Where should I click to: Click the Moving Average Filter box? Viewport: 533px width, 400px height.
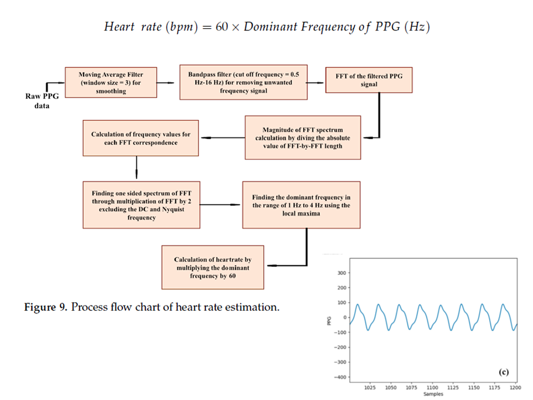coord(111,83)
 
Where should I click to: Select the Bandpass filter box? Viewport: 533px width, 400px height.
coord(243,83)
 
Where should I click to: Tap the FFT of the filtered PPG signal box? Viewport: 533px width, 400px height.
coord(368,80)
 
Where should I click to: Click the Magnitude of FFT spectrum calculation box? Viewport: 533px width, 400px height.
coord(303,138)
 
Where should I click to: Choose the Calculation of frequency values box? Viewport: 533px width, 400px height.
coord(141,138)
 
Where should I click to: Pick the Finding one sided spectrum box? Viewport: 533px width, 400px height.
coord(141,205)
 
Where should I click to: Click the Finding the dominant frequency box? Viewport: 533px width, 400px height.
coord(301,205)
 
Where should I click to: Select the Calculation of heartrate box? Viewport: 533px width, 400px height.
coord(212,267)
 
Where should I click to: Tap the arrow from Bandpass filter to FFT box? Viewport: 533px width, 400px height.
coord(316,83)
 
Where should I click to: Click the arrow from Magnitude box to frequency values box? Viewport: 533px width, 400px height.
coord(222,138)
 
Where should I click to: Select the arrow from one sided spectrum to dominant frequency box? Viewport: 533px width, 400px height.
coord(221,205)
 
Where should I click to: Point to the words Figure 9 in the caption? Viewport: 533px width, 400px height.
coord(45,307)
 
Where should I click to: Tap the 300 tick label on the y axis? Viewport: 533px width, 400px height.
coord(341,273)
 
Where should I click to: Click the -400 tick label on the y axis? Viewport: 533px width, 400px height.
coord(340,377)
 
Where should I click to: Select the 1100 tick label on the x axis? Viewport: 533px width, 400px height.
coord(432,387)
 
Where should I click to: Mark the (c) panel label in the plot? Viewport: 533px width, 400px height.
coord(503,372)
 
